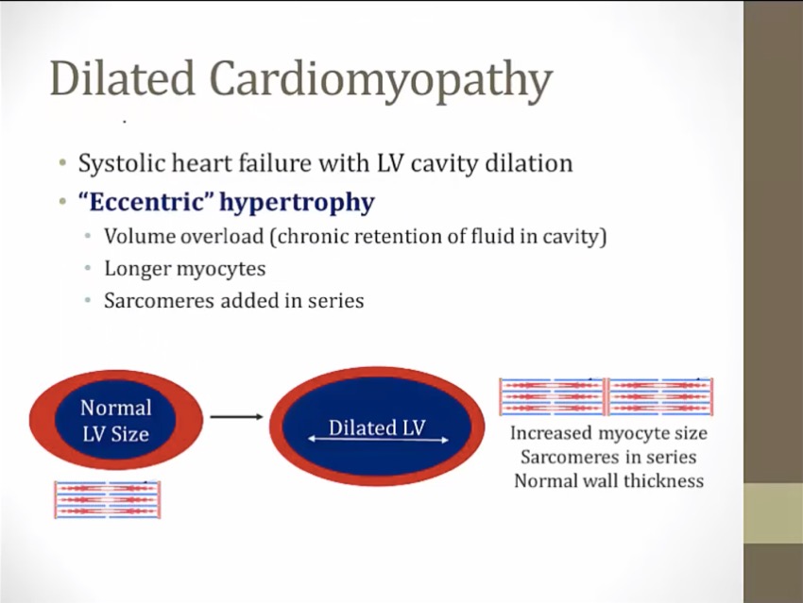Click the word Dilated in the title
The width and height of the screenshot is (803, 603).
pyautogui.click(x=123, y=77)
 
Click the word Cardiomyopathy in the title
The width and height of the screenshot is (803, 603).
pyautogui.click(x=381, y=82)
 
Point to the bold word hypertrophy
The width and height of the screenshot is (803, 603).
pyautogui.click(x=297, y=203)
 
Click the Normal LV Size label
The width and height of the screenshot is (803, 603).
pyautogui.click(x=116, y=421)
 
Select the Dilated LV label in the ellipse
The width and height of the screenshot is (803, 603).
pyautogui.click(x=377, y=427)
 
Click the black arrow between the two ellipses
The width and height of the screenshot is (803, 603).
pyautogui.click(x=236, y=417)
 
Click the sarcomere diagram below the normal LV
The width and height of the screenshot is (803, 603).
pyautogui.click(x=107, y=500)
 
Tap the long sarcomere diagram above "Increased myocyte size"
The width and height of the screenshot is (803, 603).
pyautogui.click(x=607, y=396)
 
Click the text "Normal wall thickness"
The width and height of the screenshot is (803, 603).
pyautogui.click(x=609, y=480)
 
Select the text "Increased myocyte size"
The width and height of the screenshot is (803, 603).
pyautogui.click(x=609, y=433)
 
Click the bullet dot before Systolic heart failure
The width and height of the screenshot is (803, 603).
pyautogui.click(x=62, y=163)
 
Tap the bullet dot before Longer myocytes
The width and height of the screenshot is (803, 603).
pyautogui.click(x=89, y=268)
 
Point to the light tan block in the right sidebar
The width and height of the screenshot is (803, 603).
pyautogui.click(x=774, y=513)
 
